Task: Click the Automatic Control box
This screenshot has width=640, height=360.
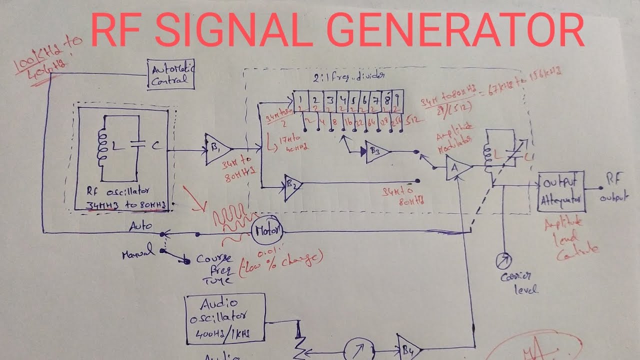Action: (x=171, y=74)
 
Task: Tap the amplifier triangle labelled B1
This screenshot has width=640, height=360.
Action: (x=217, y=148)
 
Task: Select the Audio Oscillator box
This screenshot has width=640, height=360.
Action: (x=224, y=319)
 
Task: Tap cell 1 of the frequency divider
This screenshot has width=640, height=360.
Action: (x=299, y=102)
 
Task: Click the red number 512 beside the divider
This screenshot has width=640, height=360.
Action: (x=413, y=120)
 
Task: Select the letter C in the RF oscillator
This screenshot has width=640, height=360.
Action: (x=156, y=145)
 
